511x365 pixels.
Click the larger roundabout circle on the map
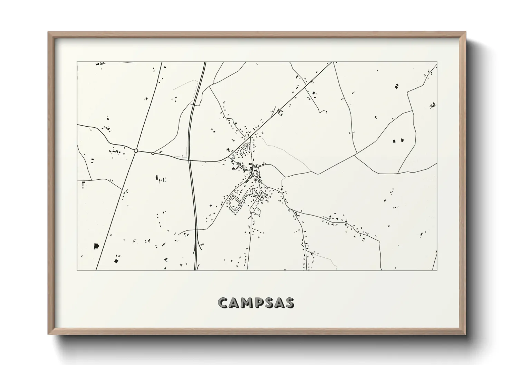[136, 151]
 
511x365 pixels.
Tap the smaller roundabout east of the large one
[153, 153]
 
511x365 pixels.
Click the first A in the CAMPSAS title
[233, 303]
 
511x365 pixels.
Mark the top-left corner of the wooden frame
[49, 32]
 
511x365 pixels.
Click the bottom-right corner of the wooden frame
[465, 334]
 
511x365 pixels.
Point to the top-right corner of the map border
[437, 62]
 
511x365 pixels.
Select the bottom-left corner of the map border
[77, 270]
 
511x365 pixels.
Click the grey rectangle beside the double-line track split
[202, 245]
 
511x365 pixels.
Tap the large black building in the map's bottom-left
[96, 246]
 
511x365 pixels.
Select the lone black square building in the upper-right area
[397, 85]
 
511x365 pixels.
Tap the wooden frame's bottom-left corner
[49, 334]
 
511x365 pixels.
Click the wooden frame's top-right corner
[465, 32]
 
